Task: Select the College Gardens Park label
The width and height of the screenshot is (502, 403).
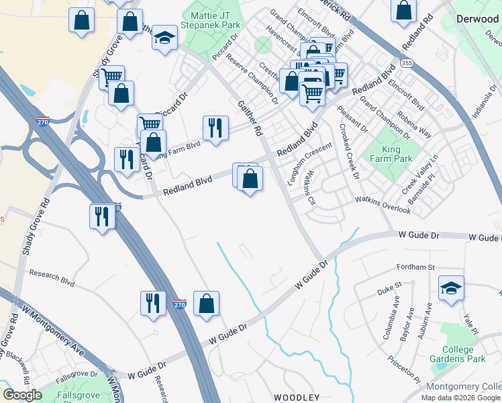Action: [463, 355]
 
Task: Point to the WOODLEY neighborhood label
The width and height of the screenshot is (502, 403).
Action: [296, 398]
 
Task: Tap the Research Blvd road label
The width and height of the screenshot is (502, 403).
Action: [51, 273]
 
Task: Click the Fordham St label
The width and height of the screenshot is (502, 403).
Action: [415, 267]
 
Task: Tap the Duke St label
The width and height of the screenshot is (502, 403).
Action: [389, 289]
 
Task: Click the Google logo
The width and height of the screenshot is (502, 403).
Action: [22, 395]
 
